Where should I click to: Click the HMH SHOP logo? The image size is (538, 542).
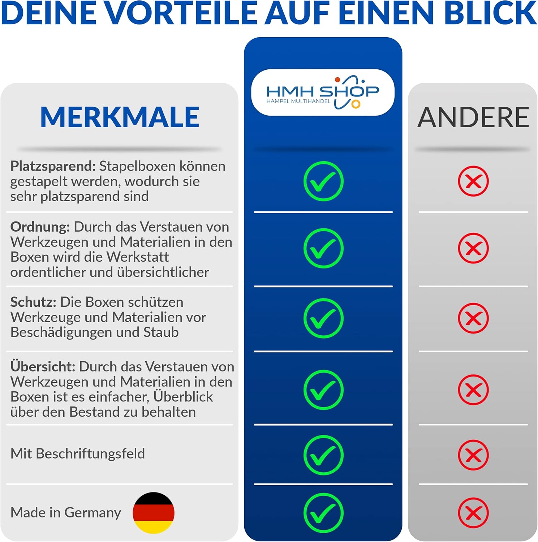click(x=323, y=93)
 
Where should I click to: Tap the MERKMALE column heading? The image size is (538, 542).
click(x=120, y=117)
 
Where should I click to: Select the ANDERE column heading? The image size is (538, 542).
click(x=473, y=117)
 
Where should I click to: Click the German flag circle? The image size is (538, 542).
click(x=154, y=513)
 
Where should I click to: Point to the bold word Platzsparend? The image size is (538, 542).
click(x=53, y=166)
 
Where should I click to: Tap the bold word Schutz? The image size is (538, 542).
click(x=33, y=302)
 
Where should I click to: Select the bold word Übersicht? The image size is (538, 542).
click(x=43, y=367)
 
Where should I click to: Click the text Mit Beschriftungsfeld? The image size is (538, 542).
click(x=78, y=454)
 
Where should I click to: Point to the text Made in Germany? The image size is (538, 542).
click(x=66, y=513)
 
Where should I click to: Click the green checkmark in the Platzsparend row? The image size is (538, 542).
click(x=323, y=181)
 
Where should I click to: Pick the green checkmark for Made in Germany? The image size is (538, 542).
click(x=323, y=513)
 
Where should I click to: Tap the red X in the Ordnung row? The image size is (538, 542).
click(x=473, y=248)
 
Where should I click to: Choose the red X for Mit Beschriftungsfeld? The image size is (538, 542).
click(x=473, y=455)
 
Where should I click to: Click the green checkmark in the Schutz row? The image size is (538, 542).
click(x=323, y=318)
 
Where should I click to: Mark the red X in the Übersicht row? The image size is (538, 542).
click(x=473, y=390)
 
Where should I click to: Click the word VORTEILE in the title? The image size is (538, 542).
click(x=183, y=13)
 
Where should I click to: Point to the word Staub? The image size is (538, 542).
click(x=161, y=332)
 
